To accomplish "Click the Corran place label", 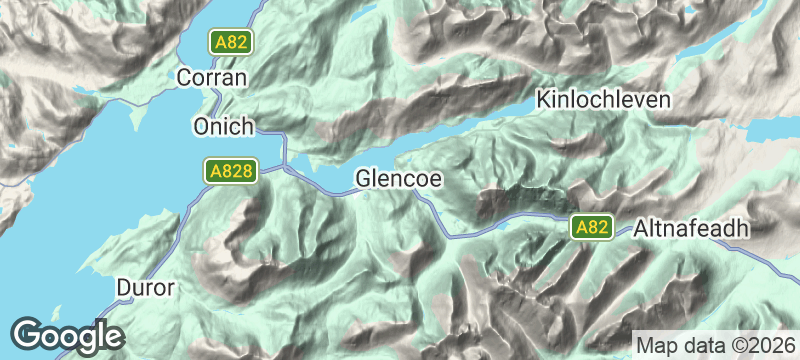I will [211, 76].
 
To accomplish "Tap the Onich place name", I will [223, 127].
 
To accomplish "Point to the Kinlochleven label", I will [603, 101].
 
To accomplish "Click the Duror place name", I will [146, 287].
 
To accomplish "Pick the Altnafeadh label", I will [691, 228].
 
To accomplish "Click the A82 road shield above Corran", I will [230, 42].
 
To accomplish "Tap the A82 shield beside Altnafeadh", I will [592, 228].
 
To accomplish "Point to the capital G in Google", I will [27, 334].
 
